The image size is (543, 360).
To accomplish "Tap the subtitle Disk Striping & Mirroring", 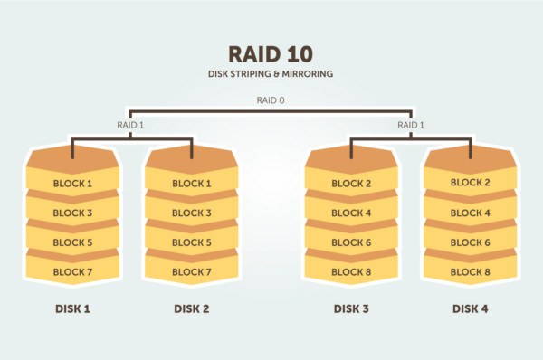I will click(x=271, y=73).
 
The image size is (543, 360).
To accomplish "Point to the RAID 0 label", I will click(x=271, y=101).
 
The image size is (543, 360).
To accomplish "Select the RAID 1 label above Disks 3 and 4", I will click(x=411, y=125).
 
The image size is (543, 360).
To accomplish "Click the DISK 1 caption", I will click(x=72, y=308).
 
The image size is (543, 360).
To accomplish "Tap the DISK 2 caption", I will click(x=192, y=308).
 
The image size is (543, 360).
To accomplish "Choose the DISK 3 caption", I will click(x=351, y=308).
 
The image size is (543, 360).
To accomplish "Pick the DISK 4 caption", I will click(x=471, y=308).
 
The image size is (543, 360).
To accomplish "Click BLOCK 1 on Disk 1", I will click(x=72, y=184).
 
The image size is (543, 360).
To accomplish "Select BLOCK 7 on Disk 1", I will click(x=72, y=271).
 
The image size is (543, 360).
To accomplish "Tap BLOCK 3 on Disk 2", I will click(x=192, y=213).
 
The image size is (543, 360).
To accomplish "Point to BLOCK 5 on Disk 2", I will click(x=192, y=242).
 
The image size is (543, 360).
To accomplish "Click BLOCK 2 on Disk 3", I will click(x=351, y=184).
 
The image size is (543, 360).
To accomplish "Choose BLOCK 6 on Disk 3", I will click(x=351, y=242).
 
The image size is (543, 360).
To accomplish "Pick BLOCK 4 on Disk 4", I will click(x=471, y=213).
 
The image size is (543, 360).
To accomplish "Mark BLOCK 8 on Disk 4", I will click(x=471, y=271).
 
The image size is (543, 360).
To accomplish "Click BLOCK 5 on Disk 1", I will click(x=72, y=242).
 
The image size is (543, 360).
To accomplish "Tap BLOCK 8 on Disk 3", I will click(x=351, y=271).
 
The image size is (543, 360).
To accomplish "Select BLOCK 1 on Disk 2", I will click(x=192, y=184).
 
